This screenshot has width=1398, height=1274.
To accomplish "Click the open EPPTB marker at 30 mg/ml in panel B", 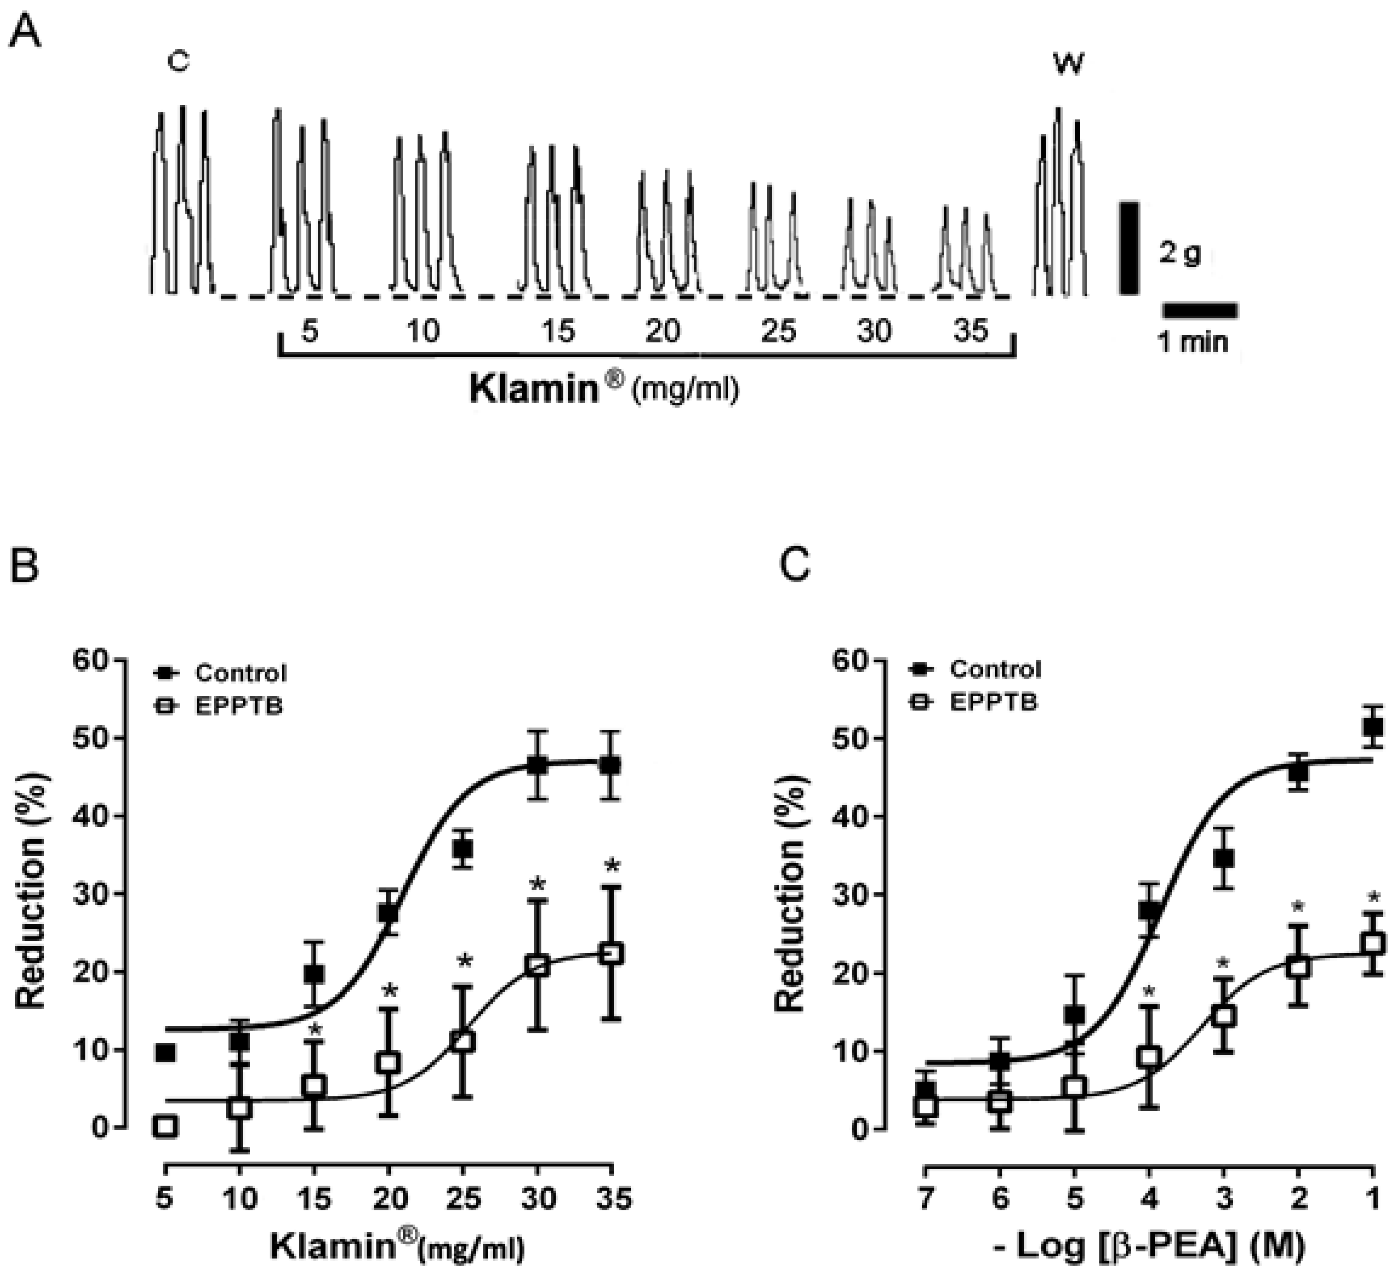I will tap(537, 966).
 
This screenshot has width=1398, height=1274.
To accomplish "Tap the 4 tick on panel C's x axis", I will tap(1149, 1198).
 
